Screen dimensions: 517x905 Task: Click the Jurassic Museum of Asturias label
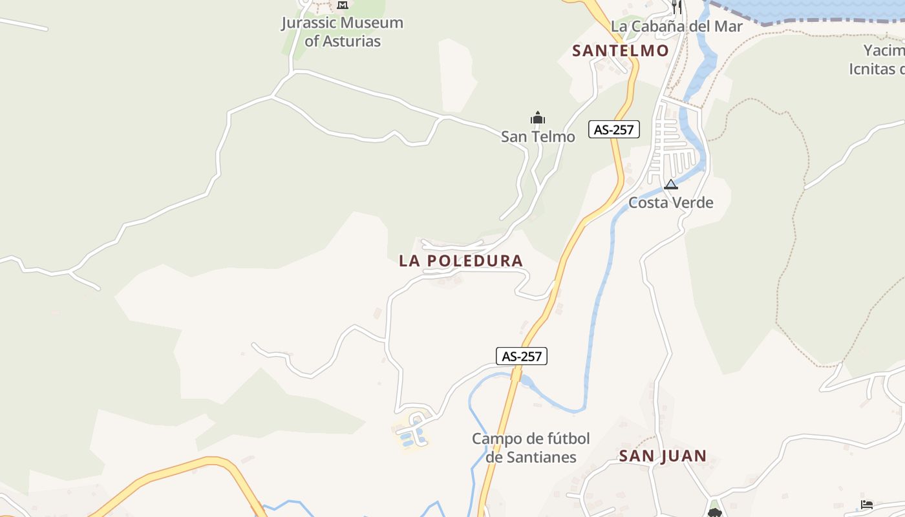343,32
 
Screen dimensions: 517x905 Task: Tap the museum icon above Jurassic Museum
343,5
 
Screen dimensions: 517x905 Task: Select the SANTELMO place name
621,50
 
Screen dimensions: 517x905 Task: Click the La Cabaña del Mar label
677,26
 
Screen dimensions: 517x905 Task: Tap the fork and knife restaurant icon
677,6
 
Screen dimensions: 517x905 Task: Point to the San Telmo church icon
538,118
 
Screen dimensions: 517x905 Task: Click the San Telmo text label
538,136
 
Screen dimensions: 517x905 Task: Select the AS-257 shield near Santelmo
614,129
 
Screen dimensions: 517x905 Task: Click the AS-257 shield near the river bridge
522,356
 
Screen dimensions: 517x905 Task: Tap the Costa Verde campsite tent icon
671,185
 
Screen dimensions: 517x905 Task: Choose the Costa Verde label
671,202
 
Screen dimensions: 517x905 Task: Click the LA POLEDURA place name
461,261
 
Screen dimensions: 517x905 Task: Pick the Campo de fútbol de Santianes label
531,448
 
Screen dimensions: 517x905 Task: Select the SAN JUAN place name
663,456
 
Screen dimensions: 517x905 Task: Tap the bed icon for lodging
867,505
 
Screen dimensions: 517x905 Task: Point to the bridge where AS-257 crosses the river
516,374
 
